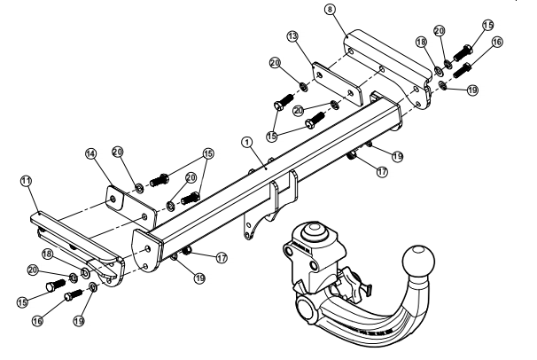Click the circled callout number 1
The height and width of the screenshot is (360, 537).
click(x=246, y=142)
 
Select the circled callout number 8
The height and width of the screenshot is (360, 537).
click(x=330, y=10)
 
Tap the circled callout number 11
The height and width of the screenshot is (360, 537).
click(x=26, y=181)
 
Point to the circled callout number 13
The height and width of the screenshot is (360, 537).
click(x=292, y=36)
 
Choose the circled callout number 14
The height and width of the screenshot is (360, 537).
click(x=90, y=153)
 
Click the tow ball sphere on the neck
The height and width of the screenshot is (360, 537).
click(x=418, y=261)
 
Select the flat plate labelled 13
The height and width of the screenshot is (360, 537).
click(x=337, y=84)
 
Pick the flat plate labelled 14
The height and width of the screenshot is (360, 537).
click(x=131, y=207)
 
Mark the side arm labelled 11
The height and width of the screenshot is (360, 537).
click(x=78, y=246)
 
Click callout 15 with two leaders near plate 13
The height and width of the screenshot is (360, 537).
click(x=271, y=136)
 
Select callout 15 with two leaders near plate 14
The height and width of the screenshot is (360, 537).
click(x=208, y=153)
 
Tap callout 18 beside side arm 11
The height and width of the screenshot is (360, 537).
click(x=48, y=254)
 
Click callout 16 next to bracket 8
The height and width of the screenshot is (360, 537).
click(x=496, y=42)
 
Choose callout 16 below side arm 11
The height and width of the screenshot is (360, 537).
click(x=38, y=321)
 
